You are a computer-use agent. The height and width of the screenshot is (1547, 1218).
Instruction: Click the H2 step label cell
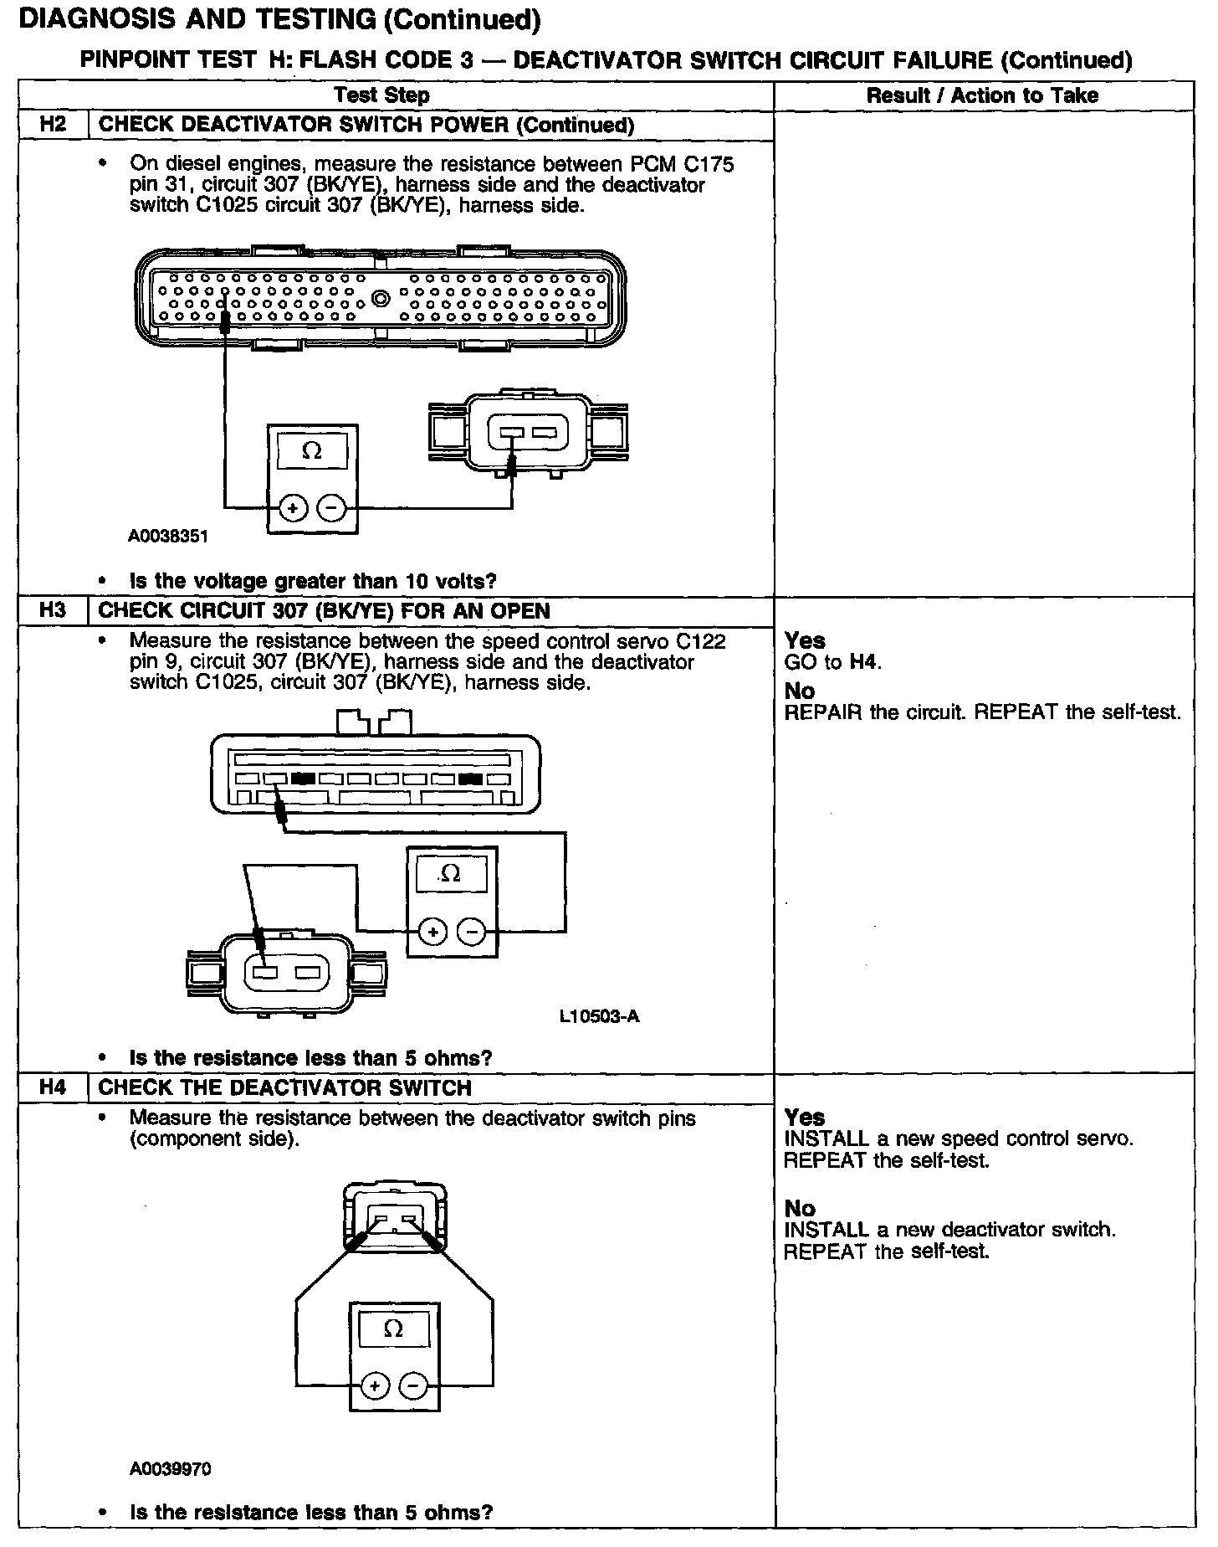52,126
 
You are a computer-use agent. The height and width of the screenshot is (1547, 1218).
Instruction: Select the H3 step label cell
52,610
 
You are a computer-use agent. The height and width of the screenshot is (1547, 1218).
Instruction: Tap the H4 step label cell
52,1087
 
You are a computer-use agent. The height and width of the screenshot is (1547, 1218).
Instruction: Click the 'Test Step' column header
381,95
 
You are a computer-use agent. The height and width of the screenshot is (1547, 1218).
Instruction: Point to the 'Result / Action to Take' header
982,95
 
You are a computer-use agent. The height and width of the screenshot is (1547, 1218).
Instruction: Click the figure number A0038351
167,536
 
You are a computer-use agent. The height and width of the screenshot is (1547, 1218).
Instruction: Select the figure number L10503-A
599,1016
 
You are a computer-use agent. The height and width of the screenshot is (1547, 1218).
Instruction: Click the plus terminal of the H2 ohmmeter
293,508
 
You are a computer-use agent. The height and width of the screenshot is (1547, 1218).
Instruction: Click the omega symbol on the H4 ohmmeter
393,1328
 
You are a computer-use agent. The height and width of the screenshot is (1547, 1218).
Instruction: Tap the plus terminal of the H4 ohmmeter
375,1386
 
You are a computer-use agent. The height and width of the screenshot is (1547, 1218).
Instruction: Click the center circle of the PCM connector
381,298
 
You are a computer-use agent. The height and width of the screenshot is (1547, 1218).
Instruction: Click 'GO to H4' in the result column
833,663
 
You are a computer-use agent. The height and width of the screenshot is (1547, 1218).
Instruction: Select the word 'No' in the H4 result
800,1208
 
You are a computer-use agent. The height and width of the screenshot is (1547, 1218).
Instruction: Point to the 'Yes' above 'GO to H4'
805,640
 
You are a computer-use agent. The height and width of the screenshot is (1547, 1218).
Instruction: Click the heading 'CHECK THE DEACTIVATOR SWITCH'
284,1087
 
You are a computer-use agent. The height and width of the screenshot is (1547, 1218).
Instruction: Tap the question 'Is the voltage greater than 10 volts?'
313,581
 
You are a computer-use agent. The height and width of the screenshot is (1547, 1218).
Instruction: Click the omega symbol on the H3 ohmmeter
450,873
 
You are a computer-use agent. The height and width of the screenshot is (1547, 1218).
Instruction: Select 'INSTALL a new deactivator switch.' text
949,1230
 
